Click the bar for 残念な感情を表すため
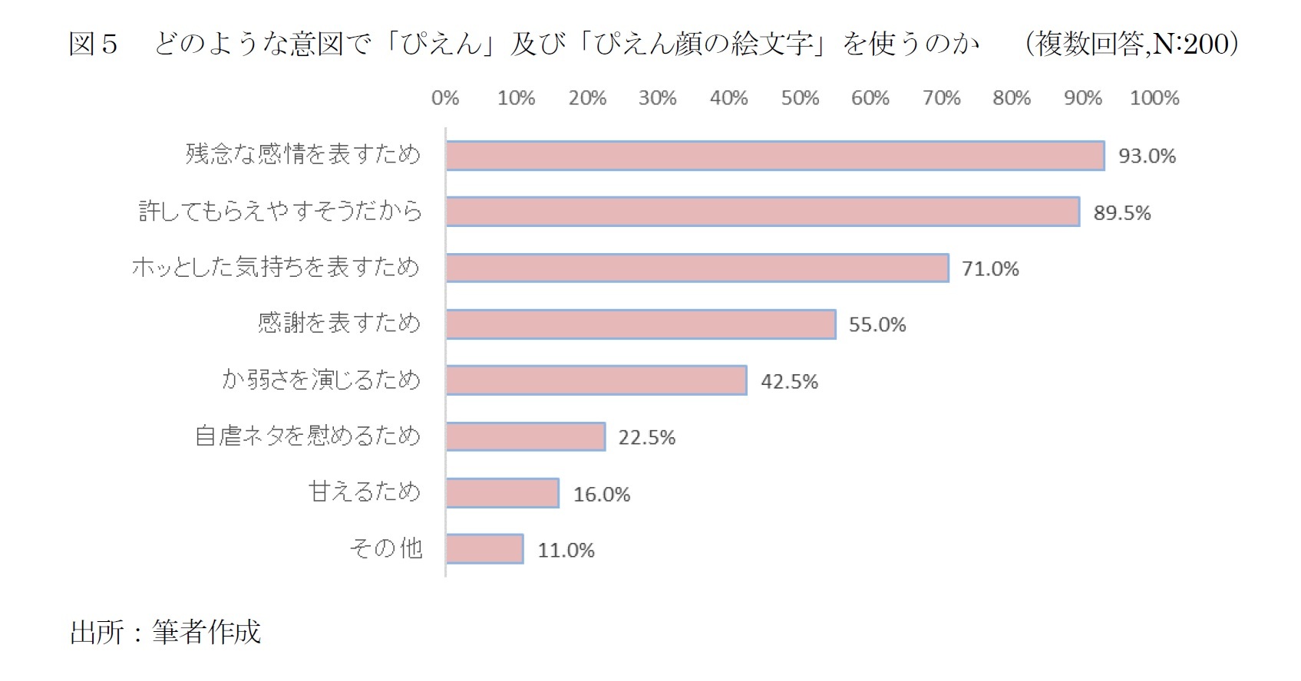click(775, 156)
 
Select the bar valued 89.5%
click(763, 212)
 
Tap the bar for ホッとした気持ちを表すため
click(697, 268)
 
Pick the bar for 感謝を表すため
click(641, 324)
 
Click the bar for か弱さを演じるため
click(596, 380)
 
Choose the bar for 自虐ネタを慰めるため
click(526, 436)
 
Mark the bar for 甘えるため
click(503, 493)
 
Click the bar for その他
click(485, 549)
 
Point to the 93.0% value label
click(1147, 156)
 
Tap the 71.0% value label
click(990, 268)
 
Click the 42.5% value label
click(789, 381)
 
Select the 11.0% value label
click(566, 550)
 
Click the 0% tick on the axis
click(445, 98)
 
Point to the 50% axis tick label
click(800, 98)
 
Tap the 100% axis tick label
click(1154, 98)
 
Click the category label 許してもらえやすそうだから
click(280, 211)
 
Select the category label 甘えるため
click(365, 492)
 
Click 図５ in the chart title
click(93, 44)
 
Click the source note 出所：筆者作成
click(166, 632)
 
